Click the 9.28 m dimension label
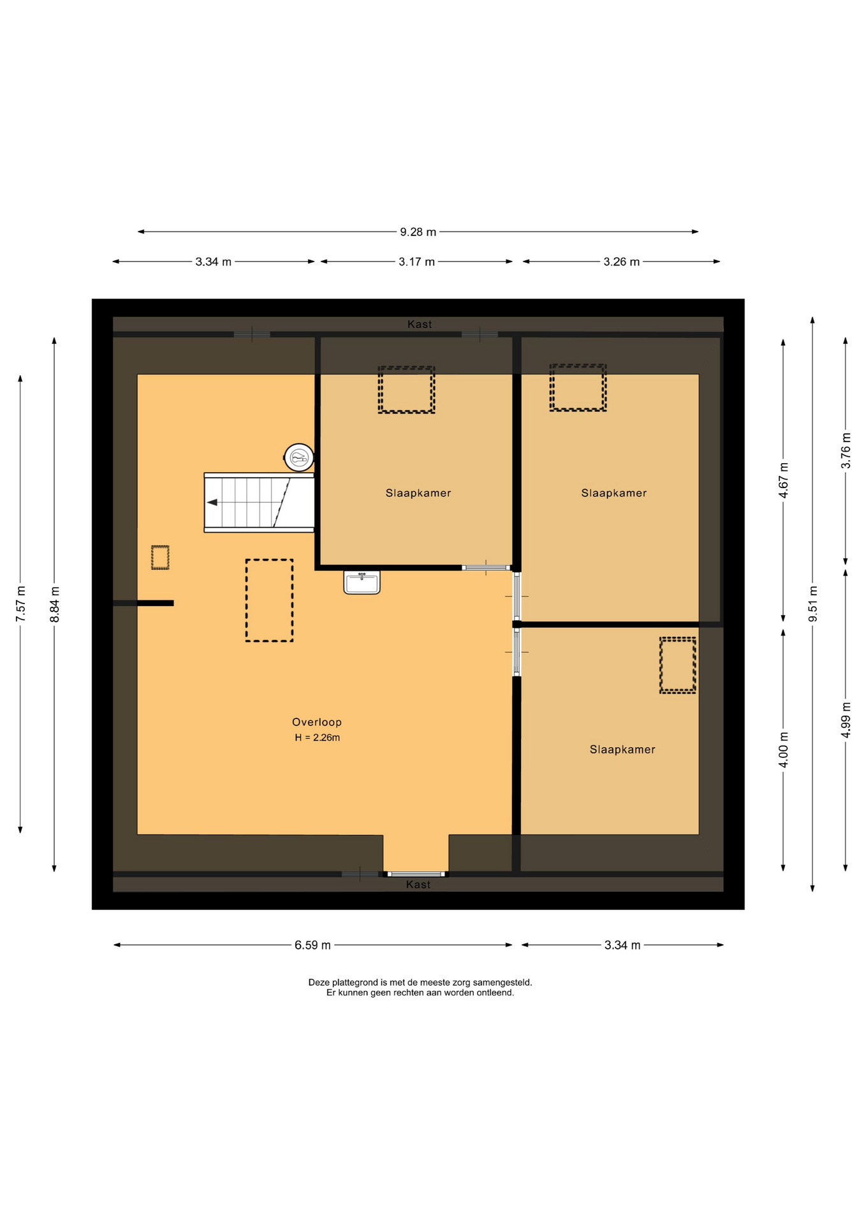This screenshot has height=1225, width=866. click(x=418, y=232)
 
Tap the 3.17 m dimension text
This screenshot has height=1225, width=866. click(x=416, y=262)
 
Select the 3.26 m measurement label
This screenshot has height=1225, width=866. click(x=621, y=262)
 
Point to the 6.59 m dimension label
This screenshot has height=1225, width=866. click(x=312, y=946)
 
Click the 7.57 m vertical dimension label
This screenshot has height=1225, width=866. click(x=21, y=604)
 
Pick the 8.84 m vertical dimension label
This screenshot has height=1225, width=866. click(x=55, y=605)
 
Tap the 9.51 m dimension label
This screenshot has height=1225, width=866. click(x=813, y=604)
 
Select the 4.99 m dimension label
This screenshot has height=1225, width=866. click(x=846, y=720)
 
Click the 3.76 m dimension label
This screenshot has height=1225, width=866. click(x=846, y=450)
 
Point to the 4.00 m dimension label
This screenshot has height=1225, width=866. click(x=784, y=750)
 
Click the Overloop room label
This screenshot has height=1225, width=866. click(x=317, y=722)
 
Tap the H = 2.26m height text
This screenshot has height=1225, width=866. click(x=317, y=738)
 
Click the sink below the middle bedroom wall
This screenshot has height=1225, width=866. click(x=362, y=583)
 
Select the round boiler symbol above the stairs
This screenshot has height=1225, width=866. click(x=298, y=457)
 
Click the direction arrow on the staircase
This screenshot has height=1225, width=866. click(x=212, y=503)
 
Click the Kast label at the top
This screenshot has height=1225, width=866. click(x=420, y=325)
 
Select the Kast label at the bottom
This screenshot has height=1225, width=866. click(x=418, y=885)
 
